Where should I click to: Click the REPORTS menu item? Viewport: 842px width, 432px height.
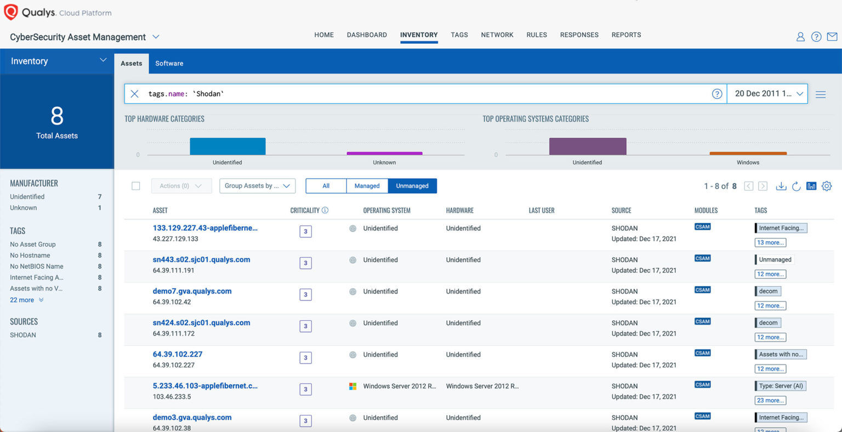point(626,35)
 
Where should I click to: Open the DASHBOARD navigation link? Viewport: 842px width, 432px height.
point(367,35)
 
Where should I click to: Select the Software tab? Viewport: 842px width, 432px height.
point(169,63)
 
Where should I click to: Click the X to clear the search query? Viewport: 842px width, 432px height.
point(134,94)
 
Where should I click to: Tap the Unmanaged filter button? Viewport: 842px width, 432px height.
point(412,186)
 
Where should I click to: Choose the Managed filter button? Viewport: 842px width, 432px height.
point(367,186)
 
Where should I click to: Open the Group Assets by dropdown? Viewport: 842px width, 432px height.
point(257,186)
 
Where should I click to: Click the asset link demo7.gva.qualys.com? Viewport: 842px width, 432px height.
point(192,291)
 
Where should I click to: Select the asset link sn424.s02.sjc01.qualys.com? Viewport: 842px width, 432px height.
point(201,323)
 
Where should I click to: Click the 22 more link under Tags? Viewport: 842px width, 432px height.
point(22,300)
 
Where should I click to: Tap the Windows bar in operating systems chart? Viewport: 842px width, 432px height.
point(748,154)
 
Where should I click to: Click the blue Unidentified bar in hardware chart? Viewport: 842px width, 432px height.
point(227,146)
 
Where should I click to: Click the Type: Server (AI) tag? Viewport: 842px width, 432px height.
point(781,386)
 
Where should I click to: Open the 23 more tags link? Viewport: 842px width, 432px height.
point(770,400)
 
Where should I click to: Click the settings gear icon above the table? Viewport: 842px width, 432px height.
point(827,186)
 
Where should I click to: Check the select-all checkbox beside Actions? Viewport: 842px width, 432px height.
point(136,186)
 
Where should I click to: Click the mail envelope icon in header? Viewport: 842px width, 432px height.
point(832,37)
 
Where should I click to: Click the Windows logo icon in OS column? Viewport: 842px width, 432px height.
point(353,386)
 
